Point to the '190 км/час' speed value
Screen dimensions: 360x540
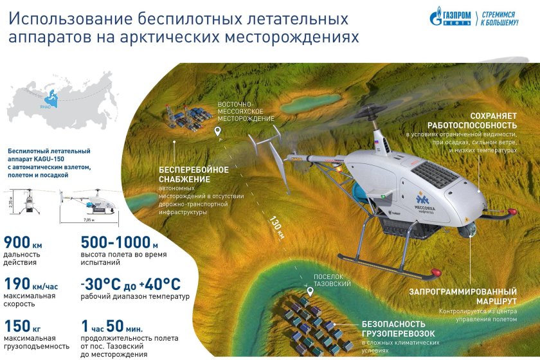(x=33, y=283)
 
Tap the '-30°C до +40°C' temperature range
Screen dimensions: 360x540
(x=130, y=283)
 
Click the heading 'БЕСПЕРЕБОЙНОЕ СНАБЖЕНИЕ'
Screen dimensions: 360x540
(x=194, y=174)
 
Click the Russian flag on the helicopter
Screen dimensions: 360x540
(x=377, y=141)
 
